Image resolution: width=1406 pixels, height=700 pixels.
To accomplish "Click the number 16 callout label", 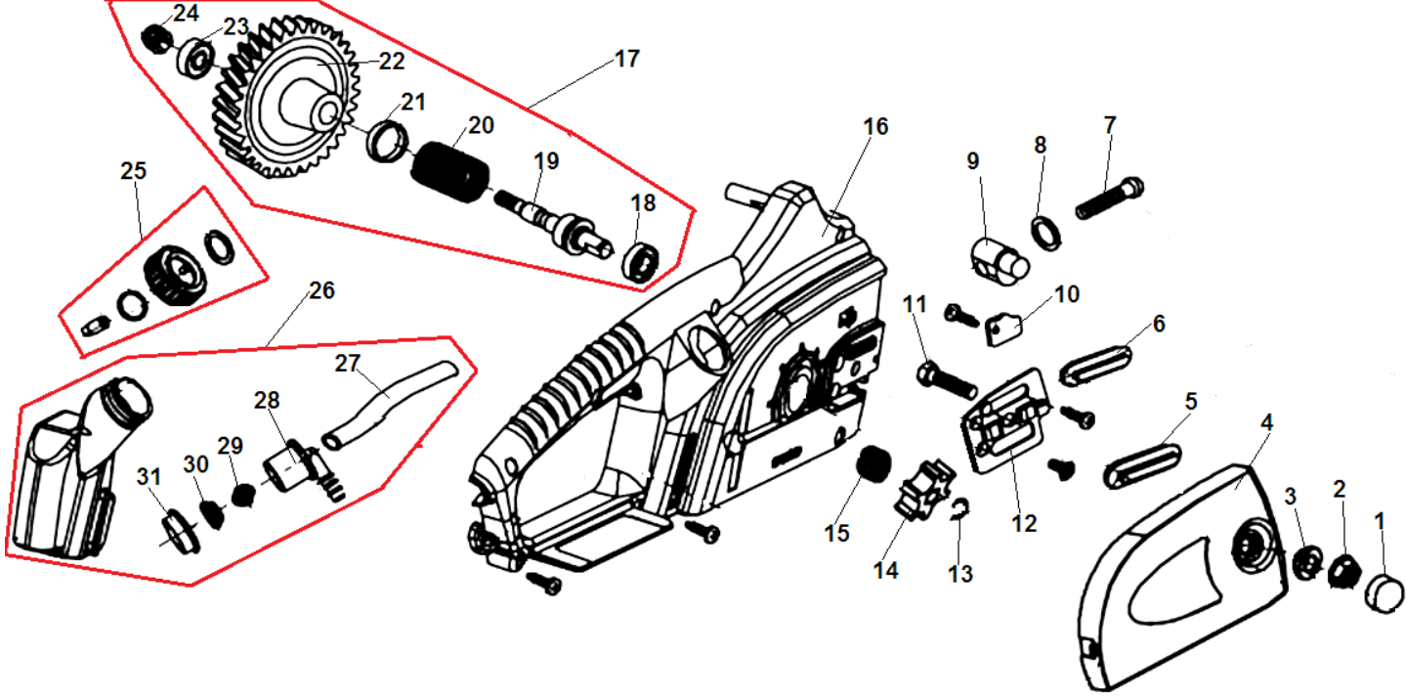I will click(875, 127).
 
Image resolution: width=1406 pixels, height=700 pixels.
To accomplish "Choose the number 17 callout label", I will click(626, 59).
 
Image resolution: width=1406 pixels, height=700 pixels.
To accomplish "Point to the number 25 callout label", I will click(134, 171).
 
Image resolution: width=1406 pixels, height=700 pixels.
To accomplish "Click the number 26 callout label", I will click(321, 290).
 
